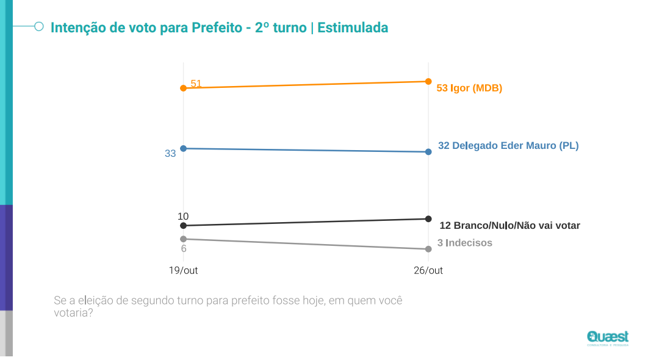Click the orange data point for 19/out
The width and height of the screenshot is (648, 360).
(183, 88)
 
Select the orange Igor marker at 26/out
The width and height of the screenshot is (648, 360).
(428, 81)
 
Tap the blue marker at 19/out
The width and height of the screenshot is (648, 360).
(183, 148)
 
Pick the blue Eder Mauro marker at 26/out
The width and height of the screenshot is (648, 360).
(428, 151)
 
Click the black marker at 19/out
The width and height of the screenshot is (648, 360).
(183, 226)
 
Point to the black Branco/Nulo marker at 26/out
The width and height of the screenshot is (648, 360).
(428, 218)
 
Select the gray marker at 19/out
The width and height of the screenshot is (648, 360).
(183, 239)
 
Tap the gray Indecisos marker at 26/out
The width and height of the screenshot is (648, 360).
(428, 249)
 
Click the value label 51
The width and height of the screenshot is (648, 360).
(196, 84)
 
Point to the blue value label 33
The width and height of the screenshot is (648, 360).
(170, 154)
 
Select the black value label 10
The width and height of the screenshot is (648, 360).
(183, 217)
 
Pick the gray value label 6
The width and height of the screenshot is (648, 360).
(183, 248)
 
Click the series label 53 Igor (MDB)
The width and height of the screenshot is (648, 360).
(469, 88)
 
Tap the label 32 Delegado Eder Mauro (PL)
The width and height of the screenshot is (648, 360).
(508, 146)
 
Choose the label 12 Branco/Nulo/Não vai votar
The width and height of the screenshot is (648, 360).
(509, 225)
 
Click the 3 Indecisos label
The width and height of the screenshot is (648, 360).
(465, 243)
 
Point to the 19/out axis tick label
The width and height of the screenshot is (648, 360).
(183, 270)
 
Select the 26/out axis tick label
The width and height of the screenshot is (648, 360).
(428, 270)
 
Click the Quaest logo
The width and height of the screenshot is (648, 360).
(608, 337)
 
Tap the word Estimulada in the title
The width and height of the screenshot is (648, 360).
(353, 27)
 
